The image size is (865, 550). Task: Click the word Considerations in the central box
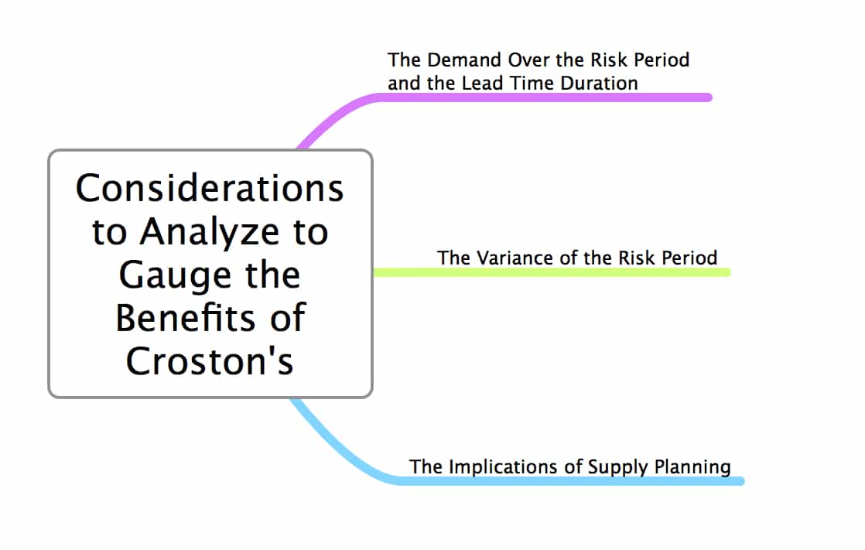[x=210, y=188]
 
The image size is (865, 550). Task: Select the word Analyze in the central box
[x=210, y=233]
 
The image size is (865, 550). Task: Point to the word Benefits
[x=185, y=318]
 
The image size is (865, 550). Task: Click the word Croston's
[x=210, y=360]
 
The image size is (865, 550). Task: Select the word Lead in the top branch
[x=482, y=83]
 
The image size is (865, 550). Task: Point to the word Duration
[x=599, y=83]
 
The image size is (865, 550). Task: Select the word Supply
[x=618, y=467]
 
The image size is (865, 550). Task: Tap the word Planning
[x=693, y=467]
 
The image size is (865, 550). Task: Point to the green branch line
[x=552, y=272]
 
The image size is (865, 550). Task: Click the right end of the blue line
[x=742, y=482]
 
